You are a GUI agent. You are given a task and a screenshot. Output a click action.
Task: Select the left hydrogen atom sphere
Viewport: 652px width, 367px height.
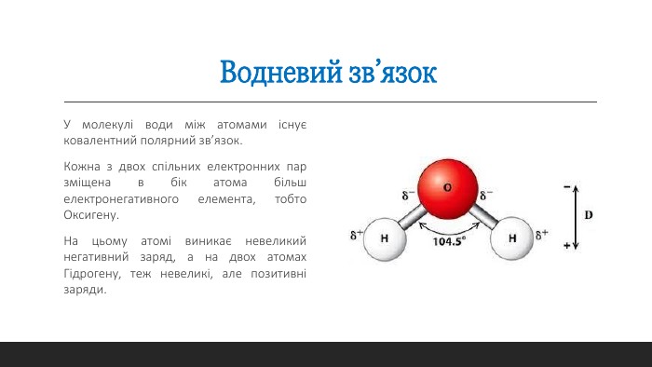[383, 238]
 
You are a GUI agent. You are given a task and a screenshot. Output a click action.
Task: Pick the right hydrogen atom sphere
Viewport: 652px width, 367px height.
[510, 238]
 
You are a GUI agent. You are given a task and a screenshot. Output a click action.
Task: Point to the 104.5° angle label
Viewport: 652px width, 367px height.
[449, 240]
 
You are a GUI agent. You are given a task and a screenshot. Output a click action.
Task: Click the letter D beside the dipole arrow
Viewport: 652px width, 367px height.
[589, 215]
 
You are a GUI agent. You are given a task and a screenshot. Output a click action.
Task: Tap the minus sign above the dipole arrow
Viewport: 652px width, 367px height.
[567, 186]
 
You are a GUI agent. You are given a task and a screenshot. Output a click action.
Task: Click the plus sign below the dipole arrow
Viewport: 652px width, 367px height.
[567, 246]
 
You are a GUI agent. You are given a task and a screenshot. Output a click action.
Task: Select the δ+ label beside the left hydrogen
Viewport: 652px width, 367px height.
[357, 235]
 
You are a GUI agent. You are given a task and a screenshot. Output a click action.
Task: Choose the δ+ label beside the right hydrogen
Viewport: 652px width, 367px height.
[540, 234]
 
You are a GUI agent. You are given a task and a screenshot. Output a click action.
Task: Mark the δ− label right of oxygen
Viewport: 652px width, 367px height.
[486, 196]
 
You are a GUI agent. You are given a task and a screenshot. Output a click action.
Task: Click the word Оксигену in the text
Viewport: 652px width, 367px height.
[91, 215]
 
